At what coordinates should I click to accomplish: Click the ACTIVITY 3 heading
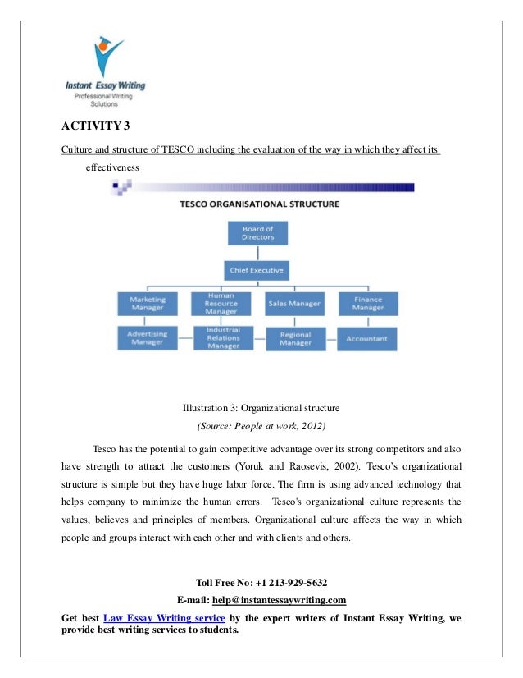click(96, 126)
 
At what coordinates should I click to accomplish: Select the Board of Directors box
click(257, 232)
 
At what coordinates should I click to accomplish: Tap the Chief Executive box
click(257, 270)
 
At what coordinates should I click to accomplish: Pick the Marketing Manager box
click(148, 304)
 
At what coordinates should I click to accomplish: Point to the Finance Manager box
click(366, 304)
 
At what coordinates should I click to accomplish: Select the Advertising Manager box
click(148, 338)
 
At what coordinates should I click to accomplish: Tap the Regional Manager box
click(295, 338)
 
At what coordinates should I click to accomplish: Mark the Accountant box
click(366, 338)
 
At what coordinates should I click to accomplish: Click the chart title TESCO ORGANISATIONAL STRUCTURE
click(259, 204)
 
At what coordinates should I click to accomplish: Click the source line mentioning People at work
click(261, 426)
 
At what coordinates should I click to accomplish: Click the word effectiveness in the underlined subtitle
click(112, 168)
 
